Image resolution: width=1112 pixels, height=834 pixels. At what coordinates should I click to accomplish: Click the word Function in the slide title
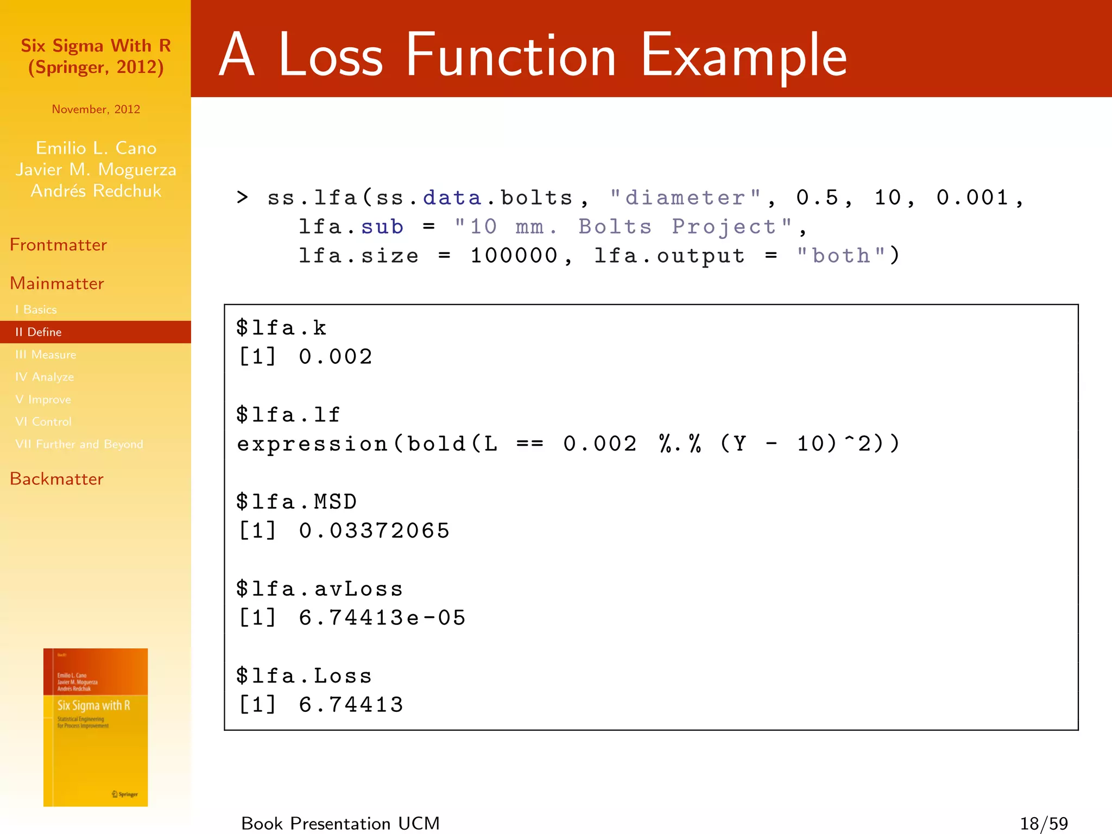point(510,55)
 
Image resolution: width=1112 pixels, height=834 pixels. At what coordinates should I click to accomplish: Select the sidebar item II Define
point(39,332)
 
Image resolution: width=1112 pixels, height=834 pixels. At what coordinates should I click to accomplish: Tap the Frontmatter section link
point(58,245)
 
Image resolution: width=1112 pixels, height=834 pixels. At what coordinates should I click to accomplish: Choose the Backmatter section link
point(56,479)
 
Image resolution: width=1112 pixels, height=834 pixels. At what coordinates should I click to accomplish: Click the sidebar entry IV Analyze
point(45,377)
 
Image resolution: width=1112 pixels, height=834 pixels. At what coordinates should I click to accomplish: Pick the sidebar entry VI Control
point(43,421)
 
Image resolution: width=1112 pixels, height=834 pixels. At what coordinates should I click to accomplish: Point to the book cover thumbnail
point(96,727)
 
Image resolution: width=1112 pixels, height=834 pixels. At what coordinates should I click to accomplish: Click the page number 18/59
point(1044,823)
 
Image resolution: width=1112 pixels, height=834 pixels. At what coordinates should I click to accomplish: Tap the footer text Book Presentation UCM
point(340,823)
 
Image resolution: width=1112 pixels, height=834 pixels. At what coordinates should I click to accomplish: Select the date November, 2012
point(96,109)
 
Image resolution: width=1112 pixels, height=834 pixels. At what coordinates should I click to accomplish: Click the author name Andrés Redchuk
point(96,191)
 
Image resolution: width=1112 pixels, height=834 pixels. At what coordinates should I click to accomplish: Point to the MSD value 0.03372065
point(374,530)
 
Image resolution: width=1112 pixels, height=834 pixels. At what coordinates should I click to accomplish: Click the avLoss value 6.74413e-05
point(382,617)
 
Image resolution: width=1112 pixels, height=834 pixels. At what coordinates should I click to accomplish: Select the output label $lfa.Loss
point(304,675)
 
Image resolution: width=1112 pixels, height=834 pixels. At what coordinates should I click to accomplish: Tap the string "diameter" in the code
point(685,198)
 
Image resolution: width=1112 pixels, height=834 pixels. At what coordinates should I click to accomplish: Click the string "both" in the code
point(841,255)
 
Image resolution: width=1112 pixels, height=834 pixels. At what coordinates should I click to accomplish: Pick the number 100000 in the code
point(514,255)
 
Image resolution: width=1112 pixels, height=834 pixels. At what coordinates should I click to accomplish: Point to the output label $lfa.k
point(281,327)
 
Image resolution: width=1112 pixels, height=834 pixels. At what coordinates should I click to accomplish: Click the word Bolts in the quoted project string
point(615,226)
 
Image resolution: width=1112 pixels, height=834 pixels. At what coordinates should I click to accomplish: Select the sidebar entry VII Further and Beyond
point(79,444)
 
